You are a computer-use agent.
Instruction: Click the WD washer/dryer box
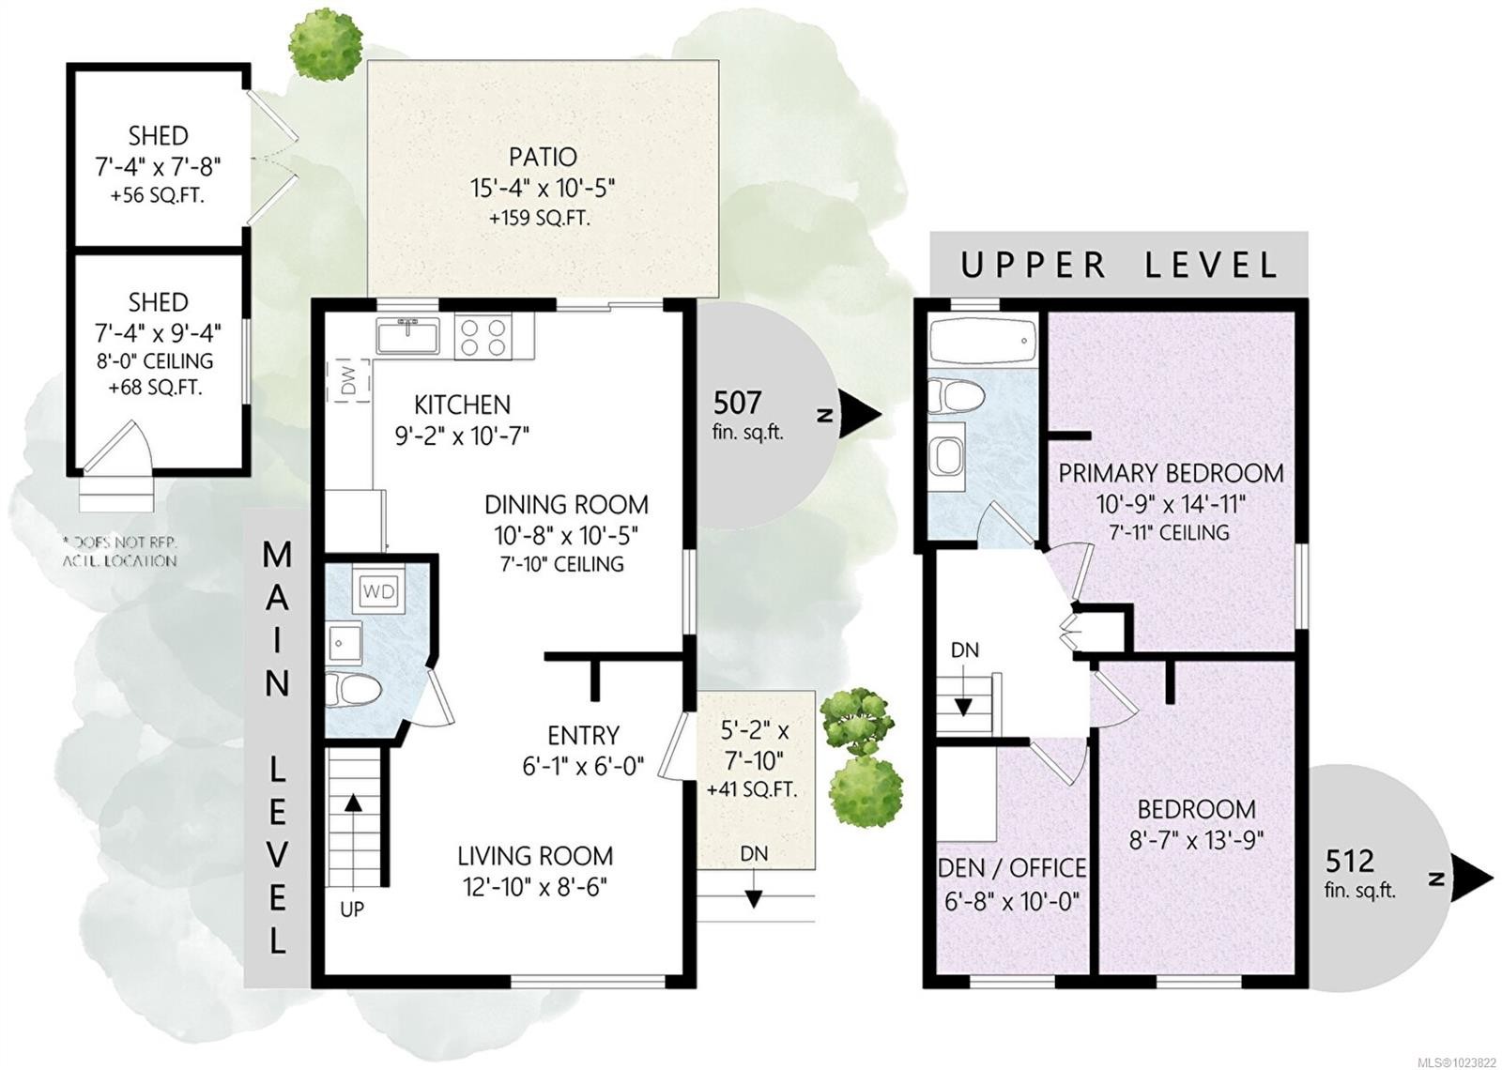[379, 591]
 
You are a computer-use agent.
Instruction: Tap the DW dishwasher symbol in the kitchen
[349, 380]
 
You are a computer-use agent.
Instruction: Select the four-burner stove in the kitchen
[484, 336]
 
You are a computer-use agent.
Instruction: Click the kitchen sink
[408, 335]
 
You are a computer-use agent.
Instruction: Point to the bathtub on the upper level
[982, 339]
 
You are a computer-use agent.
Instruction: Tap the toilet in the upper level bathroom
[954, 397]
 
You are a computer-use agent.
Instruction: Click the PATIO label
[543, 157]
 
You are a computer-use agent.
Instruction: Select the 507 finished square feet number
[737, 403]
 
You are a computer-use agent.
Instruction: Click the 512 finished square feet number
[1349, 860]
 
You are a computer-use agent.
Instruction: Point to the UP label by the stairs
[352, 909]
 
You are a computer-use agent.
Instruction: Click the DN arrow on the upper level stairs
[964, 705]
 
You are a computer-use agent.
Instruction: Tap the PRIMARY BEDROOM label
[1171, 473]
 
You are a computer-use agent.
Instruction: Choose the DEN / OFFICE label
[1012, 868]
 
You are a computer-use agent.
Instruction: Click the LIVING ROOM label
[535, 856]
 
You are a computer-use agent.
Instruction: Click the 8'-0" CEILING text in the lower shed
[158, 361]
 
